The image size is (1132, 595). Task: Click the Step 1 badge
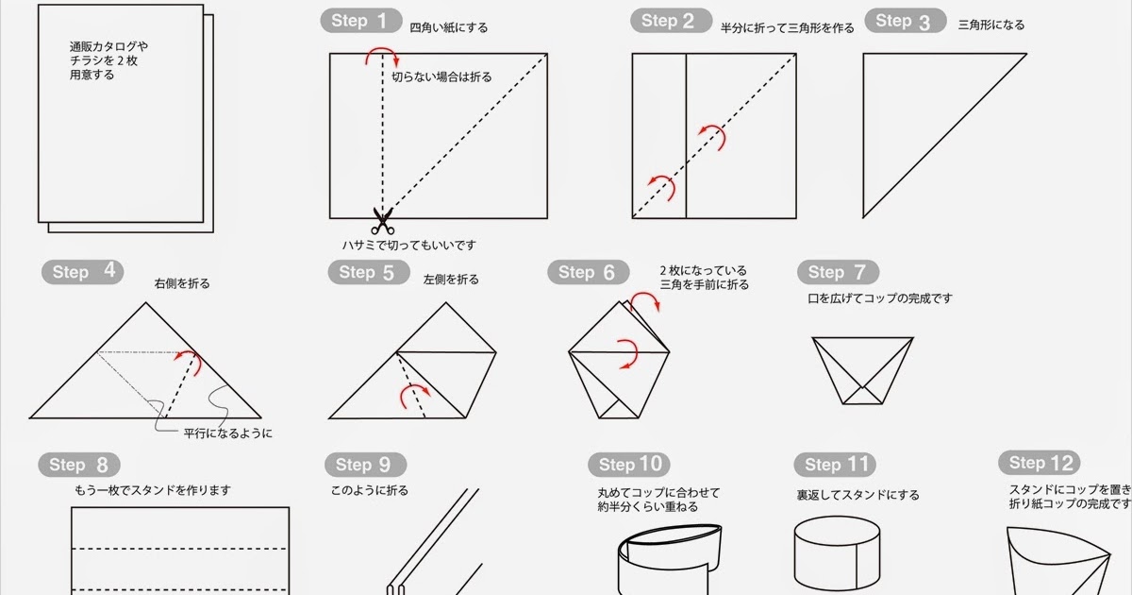pyautogui.click(x=361, y=21)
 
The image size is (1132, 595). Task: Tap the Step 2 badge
pyautogui.click(x=671, y=21)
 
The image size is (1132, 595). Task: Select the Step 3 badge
pyautogui.click(x=906, y=21)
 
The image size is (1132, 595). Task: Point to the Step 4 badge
pyautogui.click(x=82, y=272)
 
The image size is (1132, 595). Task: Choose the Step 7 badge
pyautogui.click(x=839, y=272)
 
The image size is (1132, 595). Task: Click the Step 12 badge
pyautogui.click(x=1040, y=463)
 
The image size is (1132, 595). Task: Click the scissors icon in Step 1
pyautogui.click(x=383, y=221)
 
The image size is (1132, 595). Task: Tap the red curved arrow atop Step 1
pyautogui.click(x=383, y=51)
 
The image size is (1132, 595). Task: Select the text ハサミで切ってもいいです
pyautogui.click(x=409, y=246)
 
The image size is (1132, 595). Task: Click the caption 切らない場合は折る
pyautogui.click(x=441, y=76)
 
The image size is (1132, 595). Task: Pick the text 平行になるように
pyautogui.click(x=228, y=433)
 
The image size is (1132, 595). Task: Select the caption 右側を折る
pyautogui.click(x=182, y=284)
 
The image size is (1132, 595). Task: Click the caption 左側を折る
pyautogui.click(x=451, y=280)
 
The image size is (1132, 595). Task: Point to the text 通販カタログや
pyautogui.click(x=108, y=47)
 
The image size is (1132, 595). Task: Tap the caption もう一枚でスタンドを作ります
pyautogui.click(x=153, y=490)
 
